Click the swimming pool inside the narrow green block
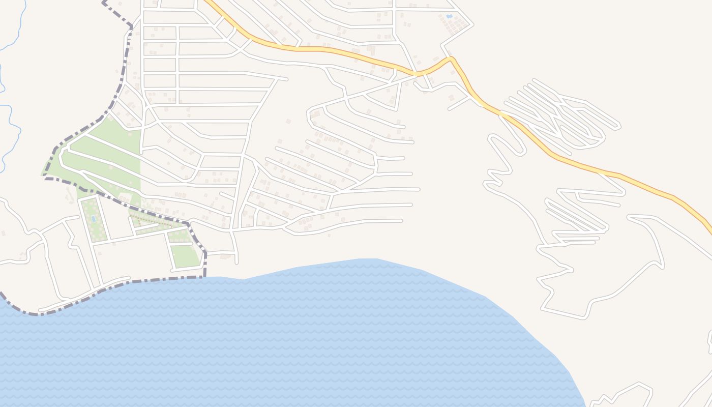point(93,218)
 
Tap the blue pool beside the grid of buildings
point(449,16)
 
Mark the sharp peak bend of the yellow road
point(451,59)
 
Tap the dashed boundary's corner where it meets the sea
point(204,276)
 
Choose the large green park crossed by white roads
point(102,153)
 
